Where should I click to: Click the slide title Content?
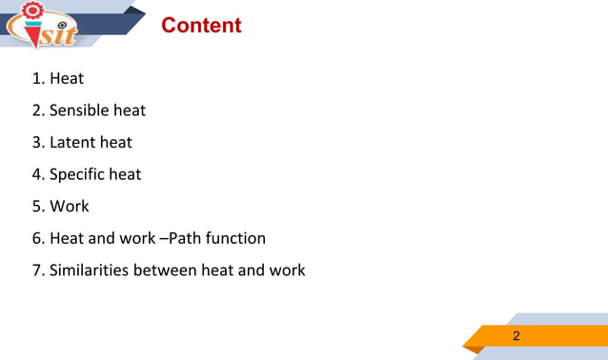pos(201,26)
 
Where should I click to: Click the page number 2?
pos(517,335)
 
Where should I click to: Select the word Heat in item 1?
pos(67,79)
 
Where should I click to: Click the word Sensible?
pos(79,110)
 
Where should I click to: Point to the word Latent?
pos(72,143)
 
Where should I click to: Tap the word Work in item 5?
pos(70,206)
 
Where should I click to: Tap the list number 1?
pos(37,79)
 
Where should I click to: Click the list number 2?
pos(37,110)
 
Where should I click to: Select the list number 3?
pos(37,143)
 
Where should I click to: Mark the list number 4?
pos(37,174)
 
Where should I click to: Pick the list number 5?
pos(37,206)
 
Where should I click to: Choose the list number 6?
pos(37,238)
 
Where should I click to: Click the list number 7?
pos(37,270)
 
